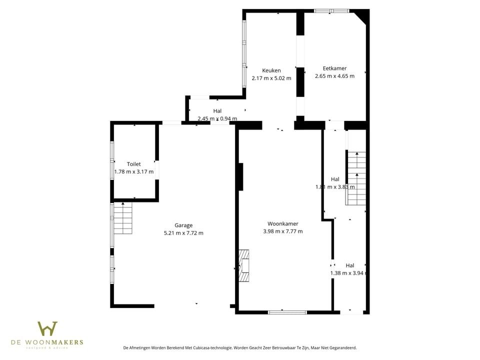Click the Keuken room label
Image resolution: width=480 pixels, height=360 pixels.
click(x=271, y=70)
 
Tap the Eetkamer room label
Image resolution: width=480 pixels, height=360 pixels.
click(x=334, y=68)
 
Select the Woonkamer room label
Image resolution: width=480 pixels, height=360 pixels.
click(x=282, y=223)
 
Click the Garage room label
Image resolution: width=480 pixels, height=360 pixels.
click(x=183, y=225)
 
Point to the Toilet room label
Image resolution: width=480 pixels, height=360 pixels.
click(x=133, y=164)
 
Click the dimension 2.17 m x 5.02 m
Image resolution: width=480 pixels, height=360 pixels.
click(x=271, y=78)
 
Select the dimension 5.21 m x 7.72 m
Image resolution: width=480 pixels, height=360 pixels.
click(x=183, y=233)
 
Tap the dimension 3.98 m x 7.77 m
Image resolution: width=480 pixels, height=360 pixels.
click(x=282, y=231)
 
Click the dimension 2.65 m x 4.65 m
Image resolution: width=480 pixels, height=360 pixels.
click(x=334, y=76)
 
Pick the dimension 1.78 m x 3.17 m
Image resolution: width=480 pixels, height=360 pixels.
click(x=133, y=171)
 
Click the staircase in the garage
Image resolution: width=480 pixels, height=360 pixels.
click(x=122, y=218)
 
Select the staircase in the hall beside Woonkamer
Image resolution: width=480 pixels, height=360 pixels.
click(x=356, y=178)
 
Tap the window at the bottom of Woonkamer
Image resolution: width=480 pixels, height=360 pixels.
click(x=287, y=312)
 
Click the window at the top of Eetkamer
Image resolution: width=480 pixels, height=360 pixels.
click(x=331, y=10)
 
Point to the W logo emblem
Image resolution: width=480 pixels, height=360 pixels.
click(x=47, y=328)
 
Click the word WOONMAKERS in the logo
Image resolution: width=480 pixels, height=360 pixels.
click(x=63, y=342)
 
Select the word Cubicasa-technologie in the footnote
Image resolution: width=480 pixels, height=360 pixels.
click(x=206, y=347)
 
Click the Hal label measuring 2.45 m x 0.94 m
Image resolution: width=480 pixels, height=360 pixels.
click(x=217, y=111)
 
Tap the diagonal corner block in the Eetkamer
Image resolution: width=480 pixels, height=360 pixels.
click(x=361, y=17)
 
